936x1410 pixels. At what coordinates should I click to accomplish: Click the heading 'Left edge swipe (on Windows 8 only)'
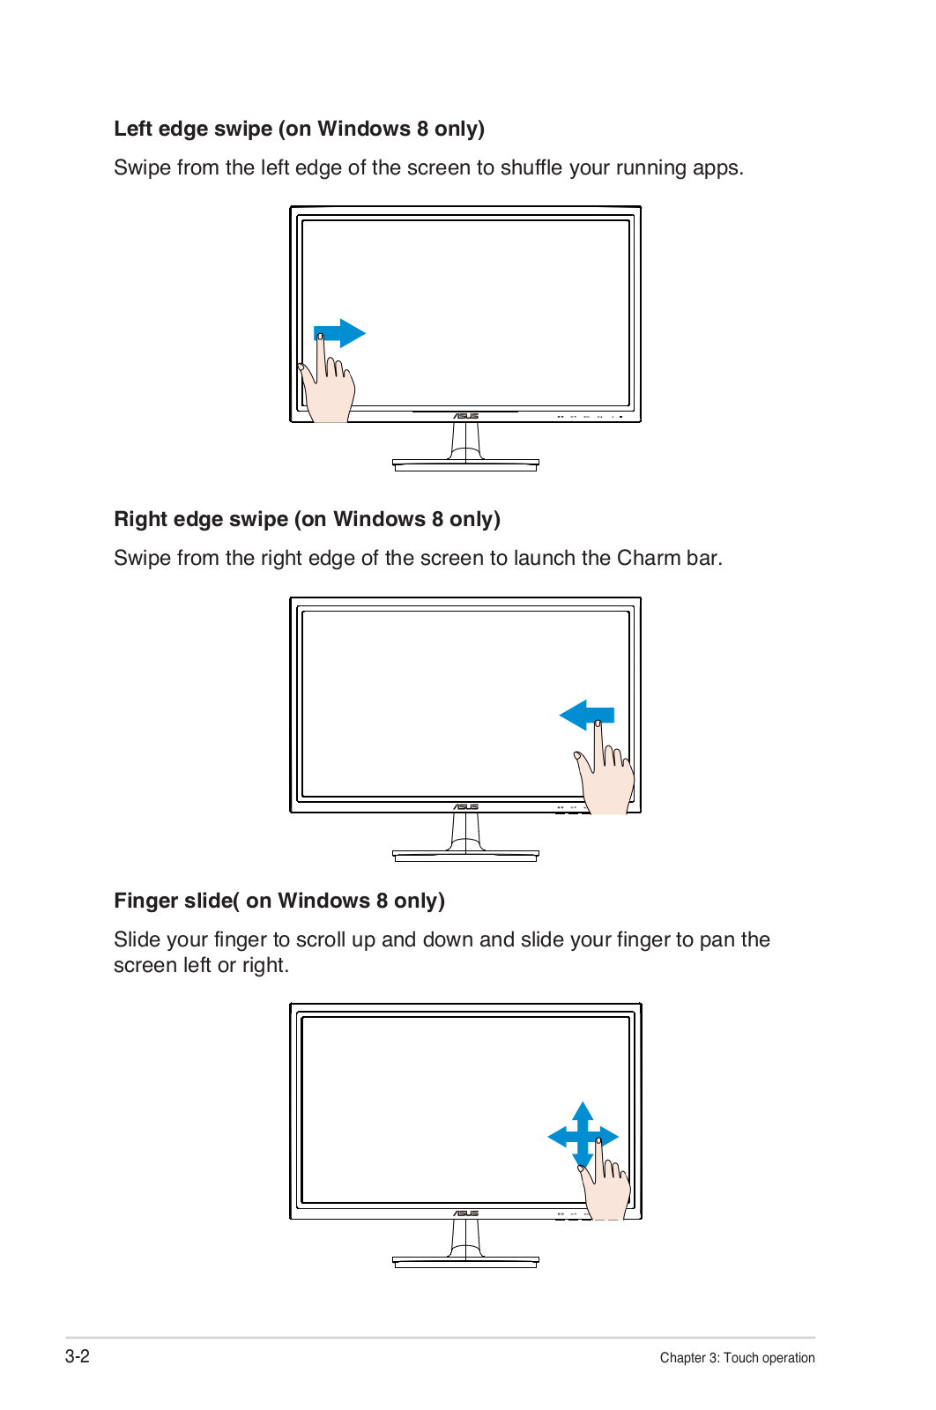point(299,129)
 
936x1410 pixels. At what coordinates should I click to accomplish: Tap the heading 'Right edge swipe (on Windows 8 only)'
point(308,519)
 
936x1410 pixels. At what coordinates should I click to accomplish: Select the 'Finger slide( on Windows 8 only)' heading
point(279,900)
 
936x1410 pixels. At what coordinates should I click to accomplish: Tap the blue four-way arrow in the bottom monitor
point(583,1137)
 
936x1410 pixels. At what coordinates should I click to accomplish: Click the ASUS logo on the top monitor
point(466,416)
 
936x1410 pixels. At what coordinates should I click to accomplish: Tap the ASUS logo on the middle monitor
point(466,807)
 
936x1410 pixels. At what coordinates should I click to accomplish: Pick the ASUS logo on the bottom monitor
point(466,1213)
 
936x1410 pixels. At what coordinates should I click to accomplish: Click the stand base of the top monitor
point(466,465)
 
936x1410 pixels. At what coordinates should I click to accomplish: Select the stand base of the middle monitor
point(466,856)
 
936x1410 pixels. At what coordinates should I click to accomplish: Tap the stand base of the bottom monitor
point(466,1262)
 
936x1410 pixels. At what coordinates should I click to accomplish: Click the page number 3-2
point(78,1356)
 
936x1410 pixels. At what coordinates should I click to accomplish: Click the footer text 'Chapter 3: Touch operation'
point(737,1358)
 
